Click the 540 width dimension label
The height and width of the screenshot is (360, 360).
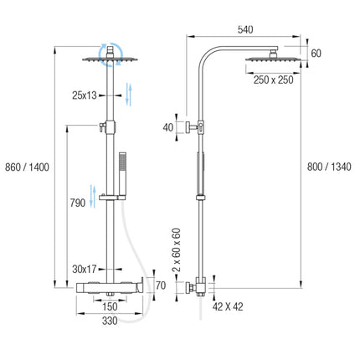245,29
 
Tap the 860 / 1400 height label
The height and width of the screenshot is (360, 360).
27,167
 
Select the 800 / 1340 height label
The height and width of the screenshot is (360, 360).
329,167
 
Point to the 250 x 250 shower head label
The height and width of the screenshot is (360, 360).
274,80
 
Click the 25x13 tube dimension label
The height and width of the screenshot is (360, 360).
85,95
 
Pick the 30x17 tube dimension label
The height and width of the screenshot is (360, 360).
85,269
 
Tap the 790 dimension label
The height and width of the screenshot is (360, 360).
78,203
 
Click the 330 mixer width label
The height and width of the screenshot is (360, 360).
110,321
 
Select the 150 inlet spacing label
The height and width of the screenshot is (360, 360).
110,306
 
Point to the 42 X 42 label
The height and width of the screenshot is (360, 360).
228,306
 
